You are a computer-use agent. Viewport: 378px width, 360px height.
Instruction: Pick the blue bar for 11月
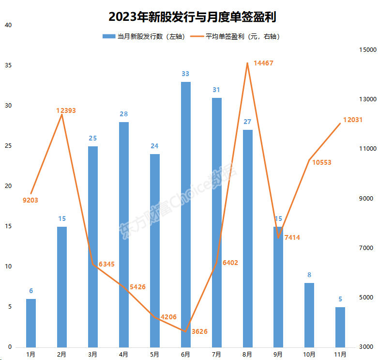[340, 327]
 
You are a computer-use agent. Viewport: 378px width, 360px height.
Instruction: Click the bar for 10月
[309, 315]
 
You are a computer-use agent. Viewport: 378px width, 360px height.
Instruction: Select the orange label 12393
[66, 111]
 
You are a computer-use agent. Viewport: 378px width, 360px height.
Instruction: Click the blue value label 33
[185, 74]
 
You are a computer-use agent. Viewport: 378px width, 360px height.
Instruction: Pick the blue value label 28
[123, 114]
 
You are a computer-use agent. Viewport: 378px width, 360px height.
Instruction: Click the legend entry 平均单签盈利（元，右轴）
[236, 36]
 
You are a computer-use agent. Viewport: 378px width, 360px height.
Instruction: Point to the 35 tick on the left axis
[8, 65]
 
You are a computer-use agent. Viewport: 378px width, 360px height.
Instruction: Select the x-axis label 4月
[123, 354]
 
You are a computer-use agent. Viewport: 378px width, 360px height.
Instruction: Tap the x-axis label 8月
[247, 354]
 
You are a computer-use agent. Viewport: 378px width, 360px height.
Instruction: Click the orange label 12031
[353, 120]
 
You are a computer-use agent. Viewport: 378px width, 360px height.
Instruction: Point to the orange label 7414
[292, 237]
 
